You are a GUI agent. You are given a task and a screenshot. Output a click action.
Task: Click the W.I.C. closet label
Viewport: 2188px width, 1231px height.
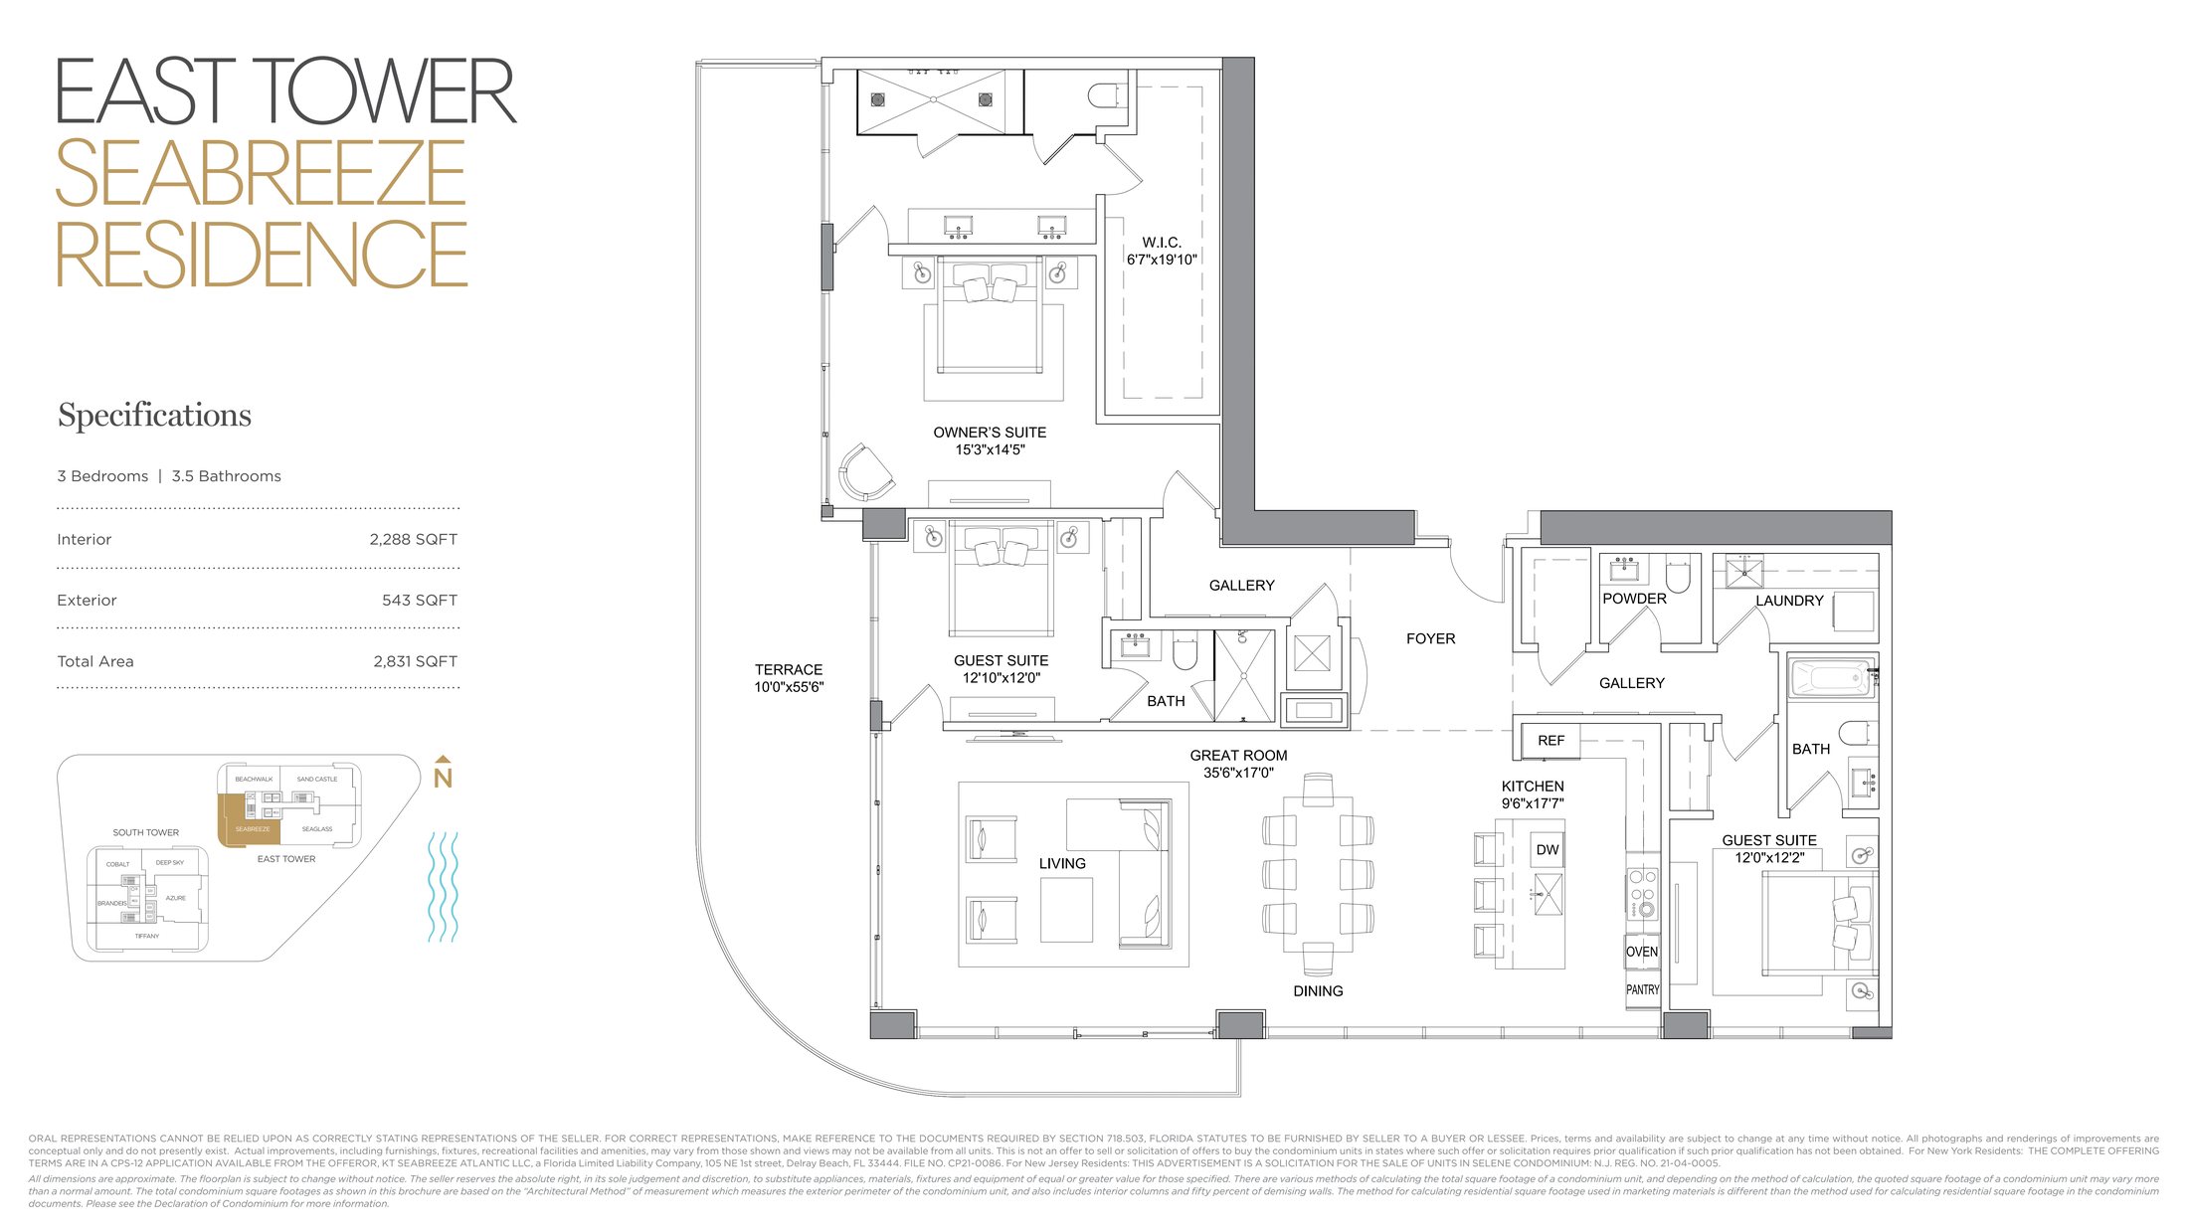pyautogui.click(x=1161, y=243)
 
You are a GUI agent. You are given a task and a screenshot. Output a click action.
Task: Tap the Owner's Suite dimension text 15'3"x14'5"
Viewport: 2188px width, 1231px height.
pyautogui.click(x=990, y=449)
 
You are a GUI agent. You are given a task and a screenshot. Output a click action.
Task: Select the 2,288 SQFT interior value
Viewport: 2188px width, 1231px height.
pyautogui.click(x=413, y=539)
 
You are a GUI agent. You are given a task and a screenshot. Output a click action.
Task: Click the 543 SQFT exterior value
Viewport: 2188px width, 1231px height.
pyautogui.click(x=419, y=600)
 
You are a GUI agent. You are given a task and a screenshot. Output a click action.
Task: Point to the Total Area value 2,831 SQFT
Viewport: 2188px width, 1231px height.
pyautogui.click(x=415, y=661)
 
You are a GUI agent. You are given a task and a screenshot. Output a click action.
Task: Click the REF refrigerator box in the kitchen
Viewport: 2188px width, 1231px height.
pyautogui.click(x=1550, y=740)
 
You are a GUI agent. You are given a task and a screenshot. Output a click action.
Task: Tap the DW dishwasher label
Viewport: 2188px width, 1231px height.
pyautogui.click(x=1547, y=849)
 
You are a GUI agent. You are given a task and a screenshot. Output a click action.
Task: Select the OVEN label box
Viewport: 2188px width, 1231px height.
pyautogui.click(x=1642, y=952)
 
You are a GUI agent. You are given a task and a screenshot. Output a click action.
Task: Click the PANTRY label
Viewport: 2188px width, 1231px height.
pyautogui.click(x=1642, y=989)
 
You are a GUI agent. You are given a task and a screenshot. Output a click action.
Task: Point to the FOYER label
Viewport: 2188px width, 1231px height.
pyautogui.click(x=1430, y=638)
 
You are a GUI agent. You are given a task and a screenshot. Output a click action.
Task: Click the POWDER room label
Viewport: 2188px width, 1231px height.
pyautogui.click(x=1634, y=599)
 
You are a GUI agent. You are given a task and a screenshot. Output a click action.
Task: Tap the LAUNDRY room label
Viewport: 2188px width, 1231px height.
pyautogui.click(x=1788, y=601)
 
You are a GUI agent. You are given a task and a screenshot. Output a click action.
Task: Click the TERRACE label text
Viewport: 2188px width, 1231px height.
pyautogui.click(x=788, y=669)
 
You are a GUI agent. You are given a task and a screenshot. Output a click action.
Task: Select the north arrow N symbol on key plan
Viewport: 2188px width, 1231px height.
pyautogui.click(x=443, y=776)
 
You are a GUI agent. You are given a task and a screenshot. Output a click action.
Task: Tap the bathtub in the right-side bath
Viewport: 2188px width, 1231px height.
pyautogui.click(x=1829, y=680)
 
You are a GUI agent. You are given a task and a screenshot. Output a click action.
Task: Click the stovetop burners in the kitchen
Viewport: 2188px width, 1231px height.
pyautogui.click(x=1641, y=892)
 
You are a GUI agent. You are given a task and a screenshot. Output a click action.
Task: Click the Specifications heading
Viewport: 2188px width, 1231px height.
pyautogui.click(x=154, y=415)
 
